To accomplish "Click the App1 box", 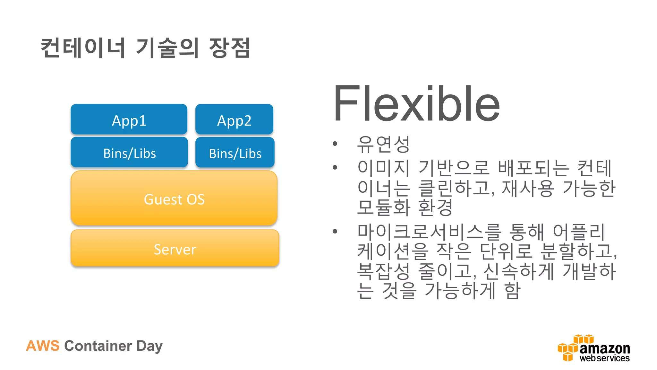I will point(129,119).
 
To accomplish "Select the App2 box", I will point(234,119).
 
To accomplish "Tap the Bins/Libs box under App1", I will point(129,153).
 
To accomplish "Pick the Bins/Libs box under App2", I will point(235,153).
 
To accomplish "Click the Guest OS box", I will point(174,198).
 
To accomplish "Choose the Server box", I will point(175,248).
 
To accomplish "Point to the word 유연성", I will point(383,144).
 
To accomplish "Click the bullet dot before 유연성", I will point(335,144).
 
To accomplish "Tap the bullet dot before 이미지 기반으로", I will point(335,167).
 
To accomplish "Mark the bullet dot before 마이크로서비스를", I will point(335,231).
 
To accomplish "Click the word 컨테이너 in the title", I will point(83,48).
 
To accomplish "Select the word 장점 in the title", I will point(229,48).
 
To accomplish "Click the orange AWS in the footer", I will point(43,346).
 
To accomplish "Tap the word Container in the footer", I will point(98,346).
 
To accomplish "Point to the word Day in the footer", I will point(149,346).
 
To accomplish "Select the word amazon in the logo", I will point(605,348).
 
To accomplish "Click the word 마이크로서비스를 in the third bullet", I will point(429,232).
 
